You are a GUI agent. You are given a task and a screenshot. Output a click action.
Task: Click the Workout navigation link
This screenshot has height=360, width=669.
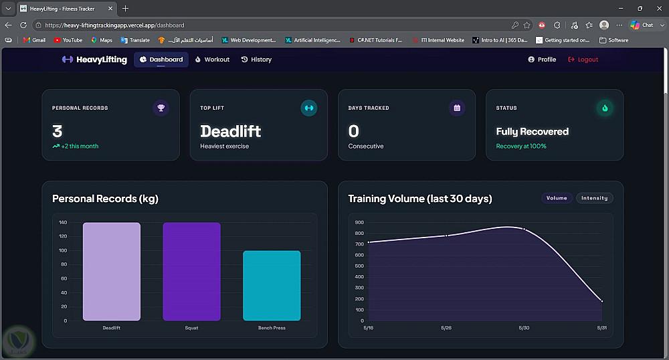click(212, 60)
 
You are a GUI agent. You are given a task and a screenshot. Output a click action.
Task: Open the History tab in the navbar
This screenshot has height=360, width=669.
click(256, 60)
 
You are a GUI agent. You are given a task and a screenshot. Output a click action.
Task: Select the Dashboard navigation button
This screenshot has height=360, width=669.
click(161, 60)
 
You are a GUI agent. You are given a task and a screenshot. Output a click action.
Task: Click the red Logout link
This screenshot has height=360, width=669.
click(583, 60)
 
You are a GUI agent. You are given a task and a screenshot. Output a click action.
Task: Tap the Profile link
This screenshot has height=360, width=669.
click(542, 60)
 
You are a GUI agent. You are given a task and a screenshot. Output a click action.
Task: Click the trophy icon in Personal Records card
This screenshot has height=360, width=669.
click(161, 108)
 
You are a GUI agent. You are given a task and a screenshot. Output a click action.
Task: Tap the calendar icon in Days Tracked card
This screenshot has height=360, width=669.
click(457, 108)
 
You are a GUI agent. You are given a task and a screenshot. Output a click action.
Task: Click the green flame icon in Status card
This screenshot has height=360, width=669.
click(605, 108)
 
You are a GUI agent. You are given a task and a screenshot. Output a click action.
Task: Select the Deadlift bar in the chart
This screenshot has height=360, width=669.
click(111, 271)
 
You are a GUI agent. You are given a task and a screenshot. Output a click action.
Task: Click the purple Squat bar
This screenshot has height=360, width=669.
click(191, 271)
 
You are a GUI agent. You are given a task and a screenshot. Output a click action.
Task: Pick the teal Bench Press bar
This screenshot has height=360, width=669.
click(272, 285)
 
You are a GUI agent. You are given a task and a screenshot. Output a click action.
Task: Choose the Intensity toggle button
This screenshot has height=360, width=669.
click(594, 198)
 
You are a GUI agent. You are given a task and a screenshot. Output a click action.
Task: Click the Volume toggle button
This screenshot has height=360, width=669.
click(557, 198)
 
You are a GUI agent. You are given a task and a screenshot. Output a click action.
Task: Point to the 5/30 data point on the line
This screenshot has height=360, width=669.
click(524, 230)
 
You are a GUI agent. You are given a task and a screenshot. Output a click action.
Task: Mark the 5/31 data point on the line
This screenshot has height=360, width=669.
click(602, 301)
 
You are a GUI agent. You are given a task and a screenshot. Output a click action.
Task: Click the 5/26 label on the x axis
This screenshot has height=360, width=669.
click(446, 328)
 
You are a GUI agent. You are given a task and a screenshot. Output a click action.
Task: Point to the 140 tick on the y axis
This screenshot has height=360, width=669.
click(63, 222)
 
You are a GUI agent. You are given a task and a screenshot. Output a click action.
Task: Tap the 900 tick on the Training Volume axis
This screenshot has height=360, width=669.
click(359, 222)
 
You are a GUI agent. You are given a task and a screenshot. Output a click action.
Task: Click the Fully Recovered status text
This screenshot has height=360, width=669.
click(532, 131)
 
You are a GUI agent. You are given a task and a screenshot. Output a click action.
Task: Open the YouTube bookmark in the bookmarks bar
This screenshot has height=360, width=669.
click(68, 40)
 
